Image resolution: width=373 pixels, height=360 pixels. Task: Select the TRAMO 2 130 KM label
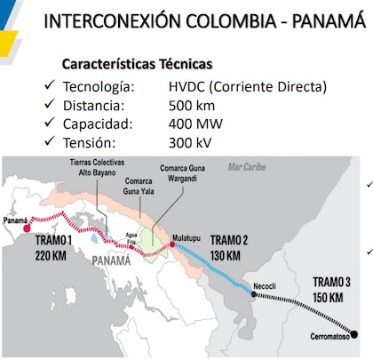pos(229,245)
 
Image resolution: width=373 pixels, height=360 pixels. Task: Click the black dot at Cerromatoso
pos(355,334)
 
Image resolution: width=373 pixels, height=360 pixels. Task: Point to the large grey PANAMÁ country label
pos(117,260)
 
